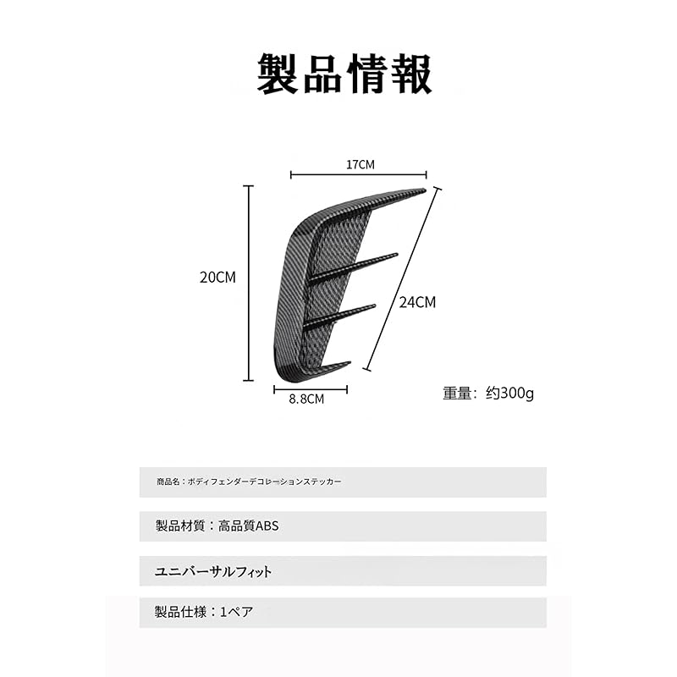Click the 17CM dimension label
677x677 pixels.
(361, 164)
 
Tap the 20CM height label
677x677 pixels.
(217, 278)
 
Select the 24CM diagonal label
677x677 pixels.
(417, 302)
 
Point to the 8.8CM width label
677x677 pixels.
(306, 399)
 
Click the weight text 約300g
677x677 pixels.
(509, 393)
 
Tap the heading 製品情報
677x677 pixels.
(344, 74)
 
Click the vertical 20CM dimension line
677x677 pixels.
(248, 283)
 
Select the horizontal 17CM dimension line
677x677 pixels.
(358, 175)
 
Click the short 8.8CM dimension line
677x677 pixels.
(311, 390)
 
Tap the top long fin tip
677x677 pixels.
(425, 190)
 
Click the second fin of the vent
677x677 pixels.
(353, 268)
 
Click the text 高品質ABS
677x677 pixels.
(248, 526)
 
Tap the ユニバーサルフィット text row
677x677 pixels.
(213, 572)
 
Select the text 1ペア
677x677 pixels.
(237, 612)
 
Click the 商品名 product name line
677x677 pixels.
(249, 482)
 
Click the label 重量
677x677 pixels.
(457, 393)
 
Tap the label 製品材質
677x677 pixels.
(180, 526)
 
